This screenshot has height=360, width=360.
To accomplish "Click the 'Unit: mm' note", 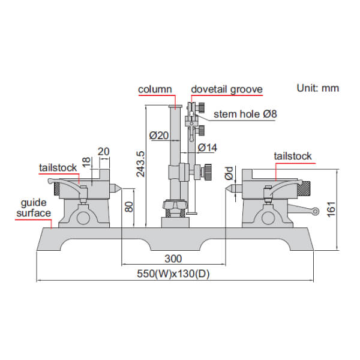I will coord(317,88).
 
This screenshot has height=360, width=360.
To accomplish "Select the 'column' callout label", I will coord(155,89).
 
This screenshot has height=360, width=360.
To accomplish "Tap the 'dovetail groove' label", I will coord(226,89).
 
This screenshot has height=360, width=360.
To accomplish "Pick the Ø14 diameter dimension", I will coord(207,146).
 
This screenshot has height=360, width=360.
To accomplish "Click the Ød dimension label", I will coord(229,174).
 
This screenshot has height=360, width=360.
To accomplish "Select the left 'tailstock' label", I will coord(58,168).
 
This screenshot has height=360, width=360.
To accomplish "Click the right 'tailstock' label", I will coord(292,156).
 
